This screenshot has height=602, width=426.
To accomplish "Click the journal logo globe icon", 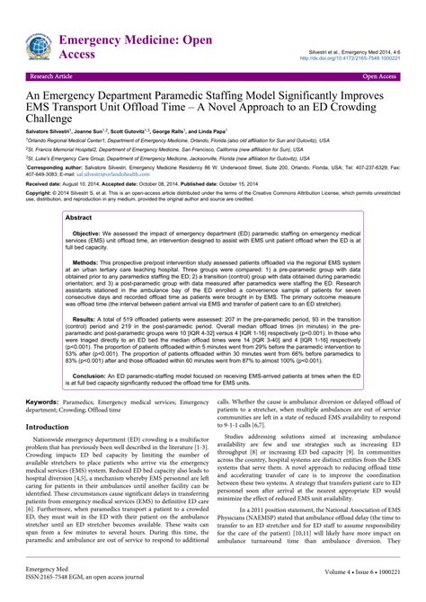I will pyautogui.click(x=37, y=46).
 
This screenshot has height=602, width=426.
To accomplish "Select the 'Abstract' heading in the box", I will pyautogui.click(x=79, y=243).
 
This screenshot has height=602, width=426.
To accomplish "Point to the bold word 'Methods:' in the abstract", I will pyautogui.click(x=91, y=288).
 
